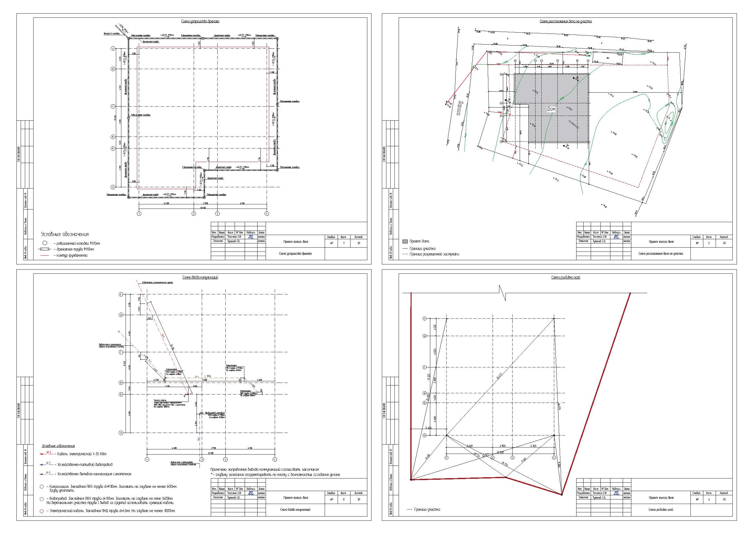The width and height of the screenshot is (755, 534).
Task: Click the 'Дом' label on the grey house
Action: click(x=551, y=109)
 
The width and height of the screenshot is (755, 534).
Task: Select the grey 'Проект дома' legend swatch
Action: click(x=405, y=241)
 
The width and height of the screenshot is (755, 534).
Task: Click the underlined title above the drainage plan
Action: click(x=200, y=21)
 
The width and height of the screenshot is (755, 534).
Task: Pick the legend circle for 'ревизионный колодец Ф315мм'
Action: click(x=45, y=243)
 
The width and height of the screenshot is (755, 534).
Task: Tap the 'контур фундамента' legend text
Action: click(x=70, y=255)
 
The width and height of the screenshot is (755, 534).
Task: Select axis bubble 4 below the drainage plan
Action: click(x=267, y=214)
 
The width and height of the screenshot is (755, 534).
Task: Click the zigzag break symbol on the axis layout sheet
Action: click(x=502, y=292)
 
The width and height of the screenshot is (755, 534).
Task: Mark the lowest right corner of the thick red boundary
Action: click(x=562, y=495)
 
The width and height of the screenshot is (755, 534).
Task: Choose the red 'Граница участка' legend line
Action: click(x=410, y=510)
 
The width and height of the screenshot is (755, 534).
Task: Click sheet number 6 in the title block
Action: click(x=709, y=499)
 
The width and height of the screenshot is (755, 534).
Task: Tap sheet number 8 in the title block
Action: click(x=344, y=499)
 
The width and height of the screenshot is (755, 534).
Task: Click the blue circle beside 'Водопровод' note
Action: click(x=42, y=499)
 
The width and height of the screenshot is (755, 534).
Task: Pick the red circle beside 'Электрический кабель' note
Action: click(x=42, y=511)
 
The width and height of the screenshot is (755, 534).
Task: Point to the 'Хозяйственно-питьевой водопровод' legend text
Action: click(x=85, y=465)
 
